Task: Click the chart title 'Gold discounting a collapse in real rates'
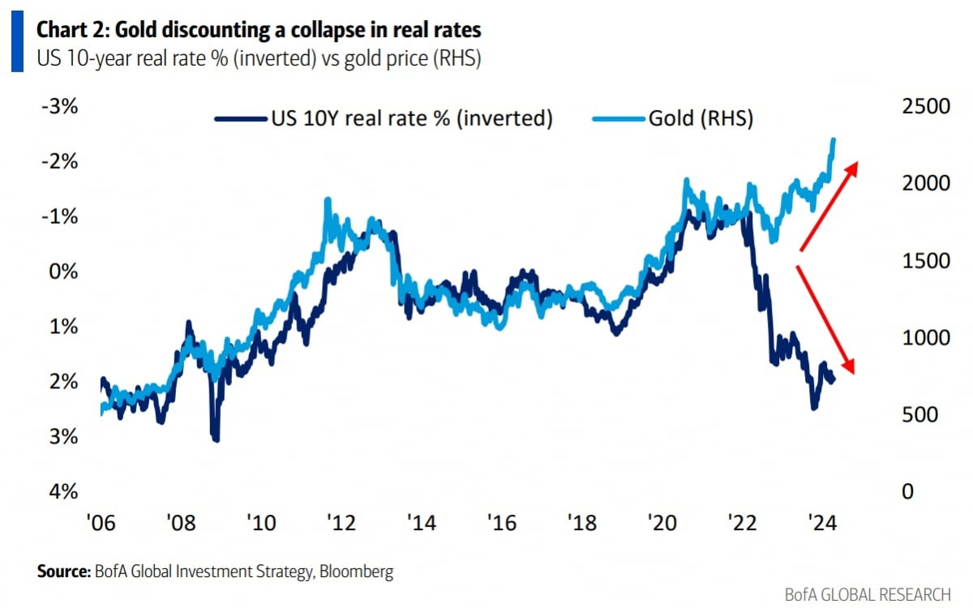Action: (x=258, y=30)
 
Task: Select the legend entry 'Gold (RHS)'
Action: (x=701, y=118)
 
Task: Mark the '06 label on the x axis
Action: (x=103, y=522)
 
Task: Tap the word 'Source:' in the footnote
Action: (x=63, y=572)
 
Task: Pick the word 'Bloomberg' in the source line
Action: (x=357, y=572)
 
